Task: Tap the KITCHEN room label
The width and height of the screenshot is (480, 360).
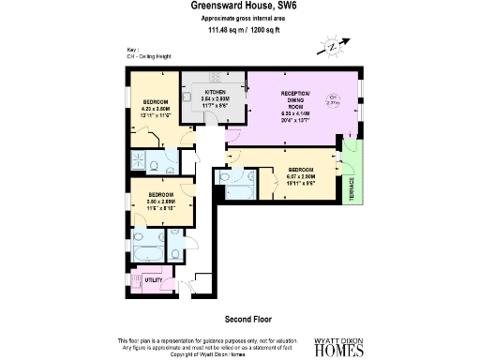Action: pos(216,92)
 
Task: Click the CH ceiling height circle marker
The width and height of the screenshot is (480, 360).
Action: pos(333,100)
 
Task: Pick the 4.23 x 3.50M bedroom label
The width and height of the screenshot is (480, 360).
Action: pos(156,107)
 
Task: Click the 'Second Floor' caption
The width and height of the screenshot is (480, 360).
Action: pos(240,319)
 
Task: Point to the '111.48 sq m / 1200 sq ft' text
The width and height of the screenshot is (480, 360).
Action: pos(239,29)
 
